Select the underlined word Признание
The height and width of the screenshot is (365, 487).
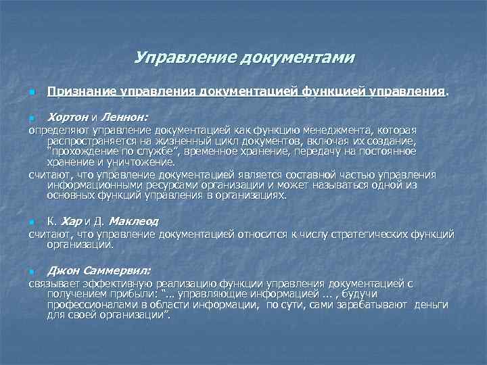coord(82,91)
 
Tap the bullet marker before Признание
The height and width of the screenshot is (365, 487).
coord(31,92)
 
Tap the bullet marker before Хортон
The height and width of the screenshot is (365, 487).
coord(31,118)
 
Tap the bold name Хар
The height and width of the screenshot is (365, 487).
coord(72,221)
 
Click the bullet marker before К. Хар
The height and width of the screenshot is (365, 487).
coord(31,222)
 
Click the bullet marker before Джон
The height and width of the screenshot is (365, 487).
coord(31,271)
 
